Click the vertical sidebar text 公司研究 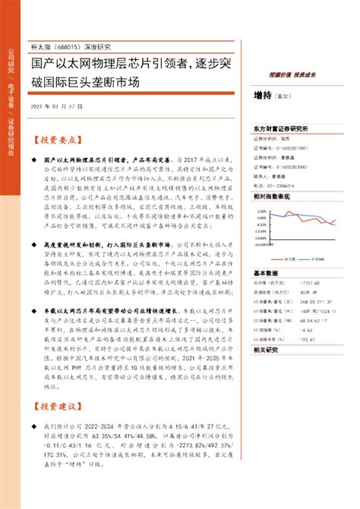point(11,60)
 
